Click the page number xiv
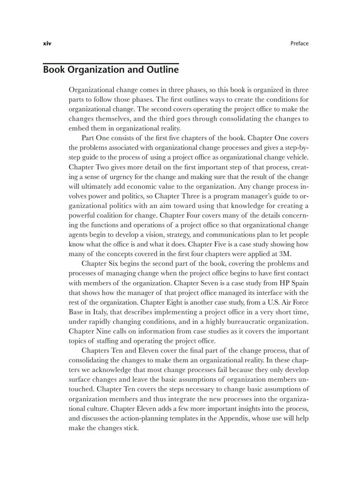pos(47,43)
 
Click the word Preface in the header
pos(299,43)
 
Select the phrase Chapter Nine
pos(88,331)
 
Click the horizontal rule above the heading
pos(111,64)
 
